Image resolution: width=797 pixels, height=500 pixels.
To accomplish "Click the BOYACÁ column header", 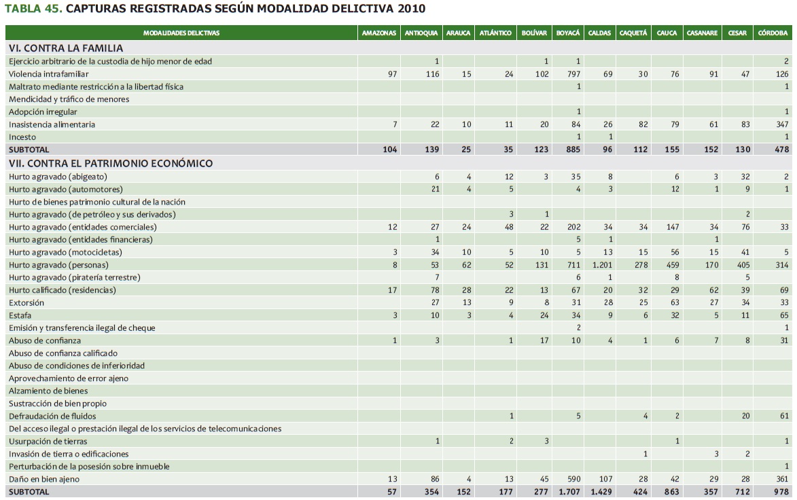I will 567,33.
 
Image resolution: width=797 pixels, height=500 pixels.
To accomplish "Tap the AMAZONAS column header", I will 378,33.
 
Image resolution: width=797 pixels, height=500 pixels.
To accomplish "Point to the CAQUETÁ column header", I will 633,33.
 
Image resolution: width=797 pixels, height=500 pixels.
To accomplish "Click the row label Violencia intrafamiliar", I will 49,74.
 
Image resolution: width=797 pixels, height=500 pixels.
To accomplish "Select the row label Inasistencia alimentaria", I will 52,124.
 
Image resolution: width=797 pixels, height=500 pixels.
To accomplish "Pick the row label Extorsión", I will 26,303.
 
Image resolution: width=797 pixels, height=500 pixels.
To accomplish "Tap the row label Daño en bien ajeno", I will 44,479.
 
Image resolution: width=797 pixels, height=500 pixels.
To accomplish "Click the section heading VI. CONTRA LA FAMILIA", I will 66,48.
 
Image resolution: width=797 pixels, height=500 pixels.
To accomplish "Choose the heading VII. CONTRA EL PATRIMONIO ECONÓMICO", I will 111,163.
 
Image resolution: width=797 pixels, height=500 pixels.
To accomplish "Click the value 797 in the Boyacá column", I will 574,74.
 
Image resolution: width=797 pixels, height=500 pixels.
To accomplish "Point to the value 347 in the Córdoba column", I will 781,124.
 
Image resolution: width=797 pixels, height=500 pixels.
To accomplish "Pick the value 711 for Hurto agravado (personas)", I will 574,265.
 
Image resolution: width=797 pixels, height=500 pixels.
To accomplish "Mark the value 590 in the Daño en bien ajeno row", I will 574,479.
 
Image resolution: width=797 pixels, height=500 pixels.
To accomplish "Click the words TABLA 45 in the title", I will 33,9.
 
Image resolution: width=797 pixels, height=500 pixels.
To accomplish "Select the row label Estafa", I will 20,315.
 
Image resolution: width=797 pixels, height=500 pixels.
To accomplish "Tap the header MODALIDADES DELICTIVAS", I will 181,33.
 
